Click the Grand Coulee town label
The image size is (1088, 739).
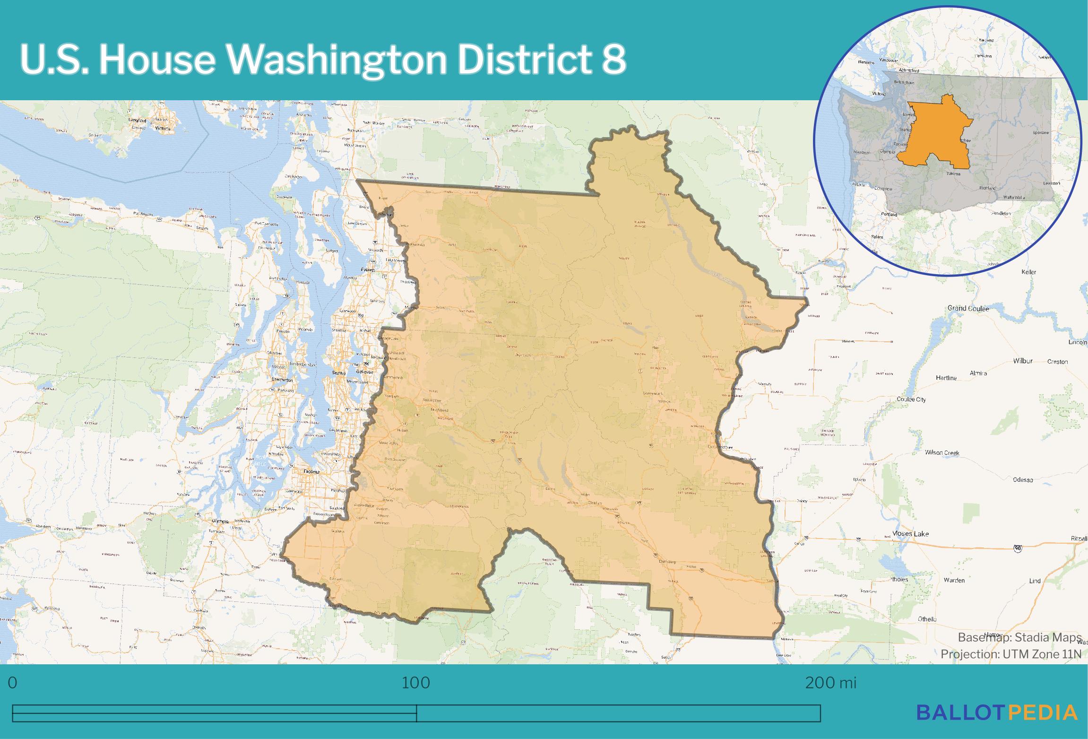(968, 308)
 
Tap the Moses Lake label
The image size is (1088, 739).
(910, 534)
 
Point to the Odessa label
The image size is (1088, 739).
(1023, 480)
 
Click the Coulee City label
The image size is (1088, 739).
(911, 400)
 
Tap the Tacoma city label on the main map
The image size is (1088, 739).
(311, 472)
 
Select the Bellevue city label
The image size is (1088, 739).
(364, 372)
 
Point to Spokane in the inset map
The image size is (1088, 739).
(1040, 133)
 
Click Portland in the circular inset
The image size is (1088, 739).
(889, 214)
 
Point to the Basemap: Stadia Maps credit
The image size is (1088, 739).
(1019, 638)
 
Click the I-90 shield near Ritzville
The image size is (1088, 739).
(1018, 548)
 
